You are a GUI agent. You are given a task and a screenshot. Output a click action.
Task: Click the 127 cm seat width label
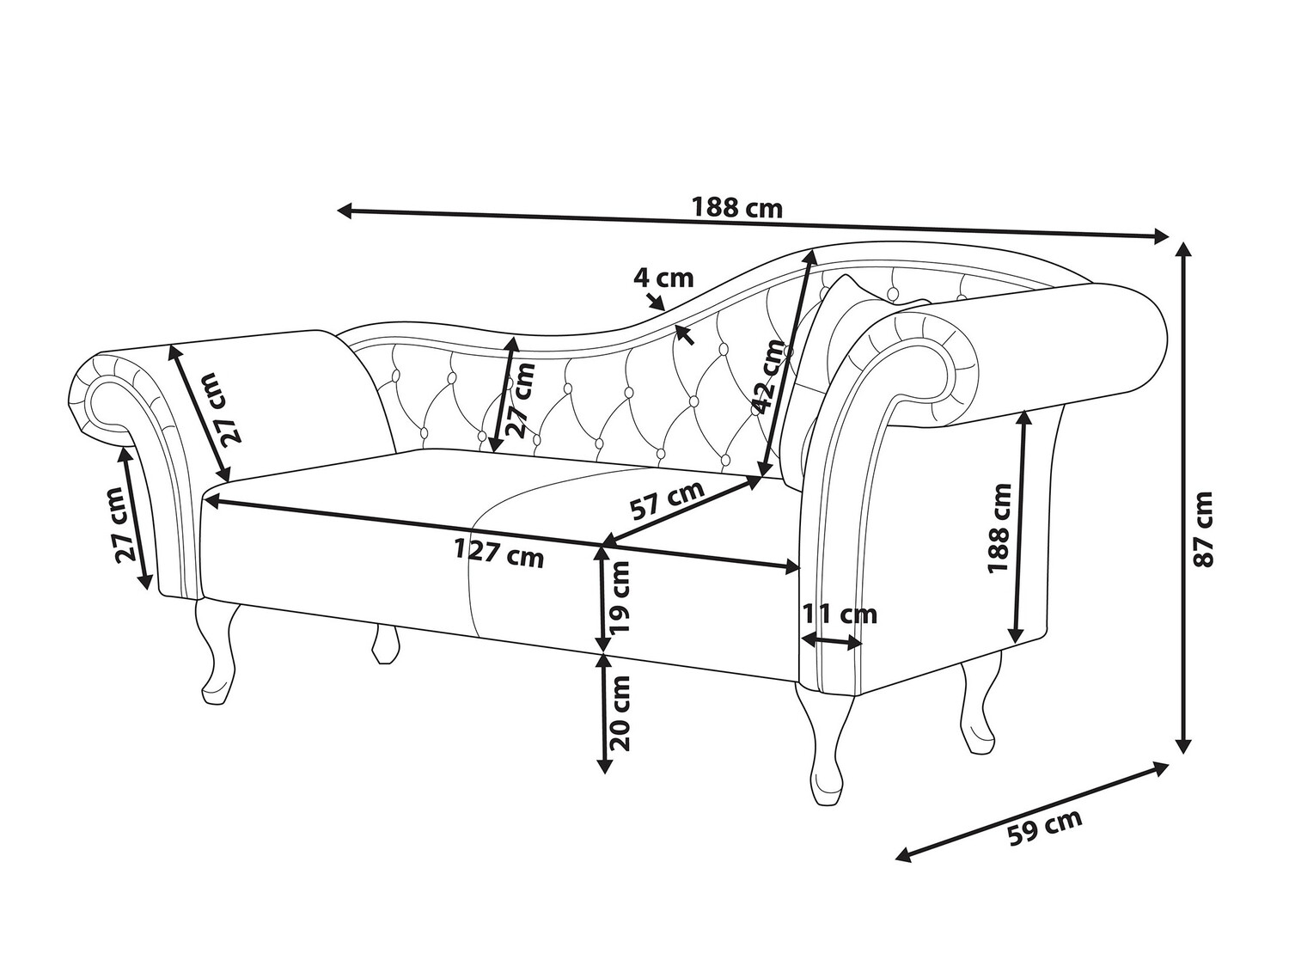click(x=499, y=555)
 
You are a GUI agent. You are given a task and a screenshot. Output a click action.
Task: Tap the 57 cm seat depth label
click(x=667, y=501)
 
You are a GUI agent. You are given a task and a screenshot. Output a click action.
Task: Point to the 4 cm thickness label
click(x=663, y=278)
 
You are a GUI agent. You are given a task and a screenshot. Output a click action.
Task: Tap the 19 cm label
click(x=619, y=601)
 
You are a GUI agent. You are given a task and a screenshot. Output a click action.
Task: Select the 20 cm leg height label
click(x=619, y=712)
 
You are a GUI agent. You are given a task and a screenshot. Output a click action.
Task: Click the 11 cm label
click(x=840, y=614)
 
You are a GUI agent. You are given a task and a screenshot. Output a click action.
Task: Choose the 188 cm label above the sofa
click(x=736, y=208)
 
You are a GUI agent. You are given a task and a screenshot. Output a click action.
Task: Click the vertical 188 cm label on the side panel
click(x=999, y=527)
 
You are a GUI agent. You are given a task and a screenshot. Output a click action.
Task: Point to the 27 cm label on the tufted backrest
click(x=522, y=400)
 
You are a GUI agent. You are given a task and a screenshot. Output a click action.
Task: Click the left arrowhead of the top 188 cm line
click(x=341, y=208)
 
